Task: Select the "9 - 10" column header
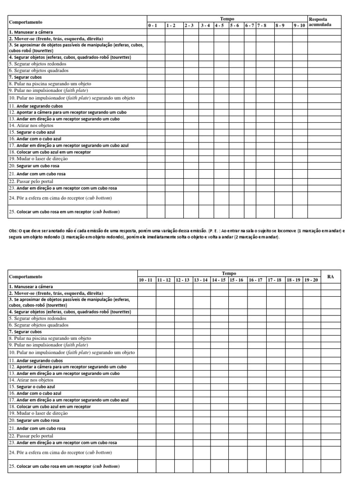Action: pos(300,25)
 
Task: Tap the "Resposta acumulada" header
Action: pos(321,22)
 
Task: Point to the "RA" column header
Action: pos(330,277)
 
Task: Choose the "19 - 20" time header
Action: pos(311,280)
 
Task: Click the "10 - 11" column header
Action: pos(146,280)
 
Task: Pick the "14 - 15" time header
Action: pos(219,280)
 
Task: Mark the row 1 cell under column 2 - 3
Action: pos(191,32)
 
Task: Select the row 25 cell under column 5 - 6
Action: pos(236,212)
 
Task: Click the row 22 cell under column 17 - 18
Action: pos(275,435)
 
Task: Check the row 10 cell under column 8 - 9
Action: pos(283,98)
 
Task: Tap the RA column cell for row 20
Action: pos(330,420)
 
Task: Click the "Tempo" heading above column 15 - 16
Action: pos(229,273)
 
